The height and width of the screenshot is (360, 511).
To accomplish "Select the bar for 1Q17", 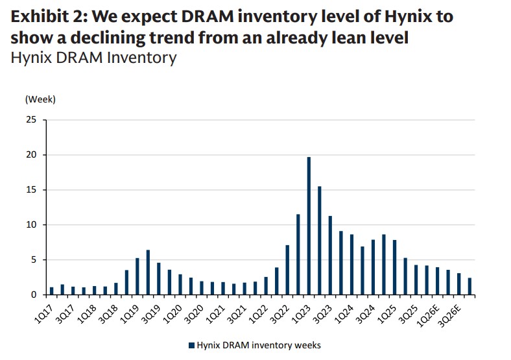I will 52,291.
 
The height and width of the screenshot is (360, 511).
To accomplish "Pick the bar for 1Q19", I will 137,276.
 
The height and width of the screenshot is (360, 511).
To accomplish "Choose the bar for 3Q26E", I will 458,284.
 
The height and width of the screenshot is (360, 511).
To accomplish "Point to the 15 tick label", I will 32,190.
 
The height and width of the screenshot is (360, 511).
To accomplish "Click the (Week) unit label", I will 40,99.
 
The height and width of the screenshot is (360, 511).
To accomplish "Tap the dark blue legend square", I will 191,344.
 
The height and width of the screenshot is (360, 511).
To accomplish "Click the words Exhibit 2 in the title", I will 45,17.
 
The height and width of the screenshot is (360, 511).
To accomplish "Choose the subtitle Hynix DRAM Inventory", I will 93,58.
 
